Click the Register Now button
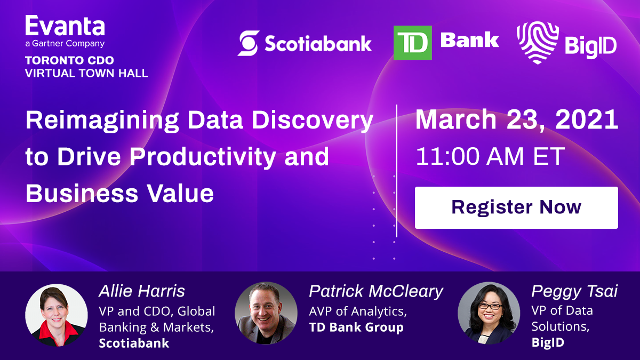pos(516,207)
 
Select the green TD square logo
pos(412,43)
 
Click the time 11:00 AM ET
pos(490,157)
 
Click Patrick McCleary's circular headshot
pos(266,313)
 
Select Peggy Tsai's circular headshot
pos(489,313)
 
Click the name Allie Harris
pos(142,291)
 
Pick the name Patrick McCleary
pos(376,291)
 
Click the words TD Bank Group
pos(356,327)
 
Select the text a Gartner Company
pos(65,44)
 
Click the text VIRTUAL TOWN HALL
pos(86,73)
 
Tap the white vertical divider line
pos(397,171)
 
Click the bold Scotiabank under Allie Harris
pos(134,343)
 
